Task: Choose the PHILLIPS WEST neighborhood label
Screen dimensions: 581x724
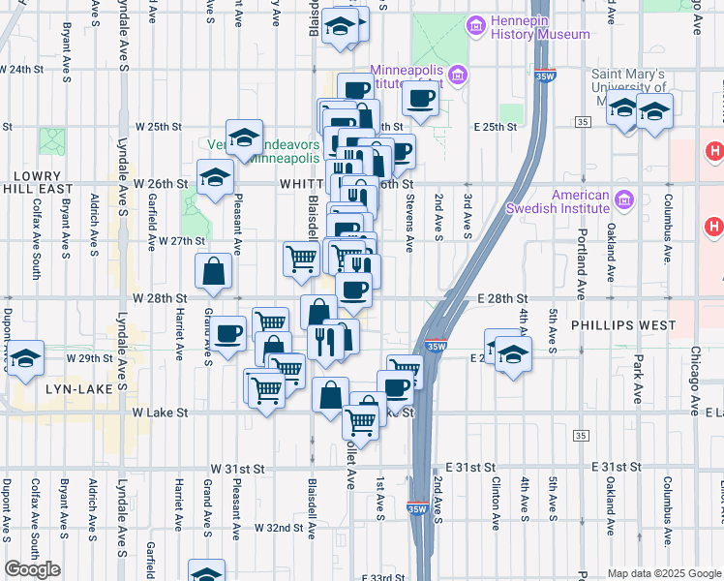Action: [x=624, y=325]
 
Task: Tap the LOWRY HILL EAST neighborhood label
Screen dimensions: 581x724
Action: [x=38, y=183]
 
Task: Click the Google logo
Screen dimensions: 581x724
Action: [x=33, y=569]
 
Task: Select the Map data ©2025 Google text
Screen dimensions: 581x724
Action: [x=663, y=573]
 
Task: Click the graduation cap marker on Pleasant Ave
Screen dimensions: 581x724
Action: [x=245, y=137]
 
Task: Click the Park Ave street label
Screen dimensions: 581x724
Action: [x=639, y=369]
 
